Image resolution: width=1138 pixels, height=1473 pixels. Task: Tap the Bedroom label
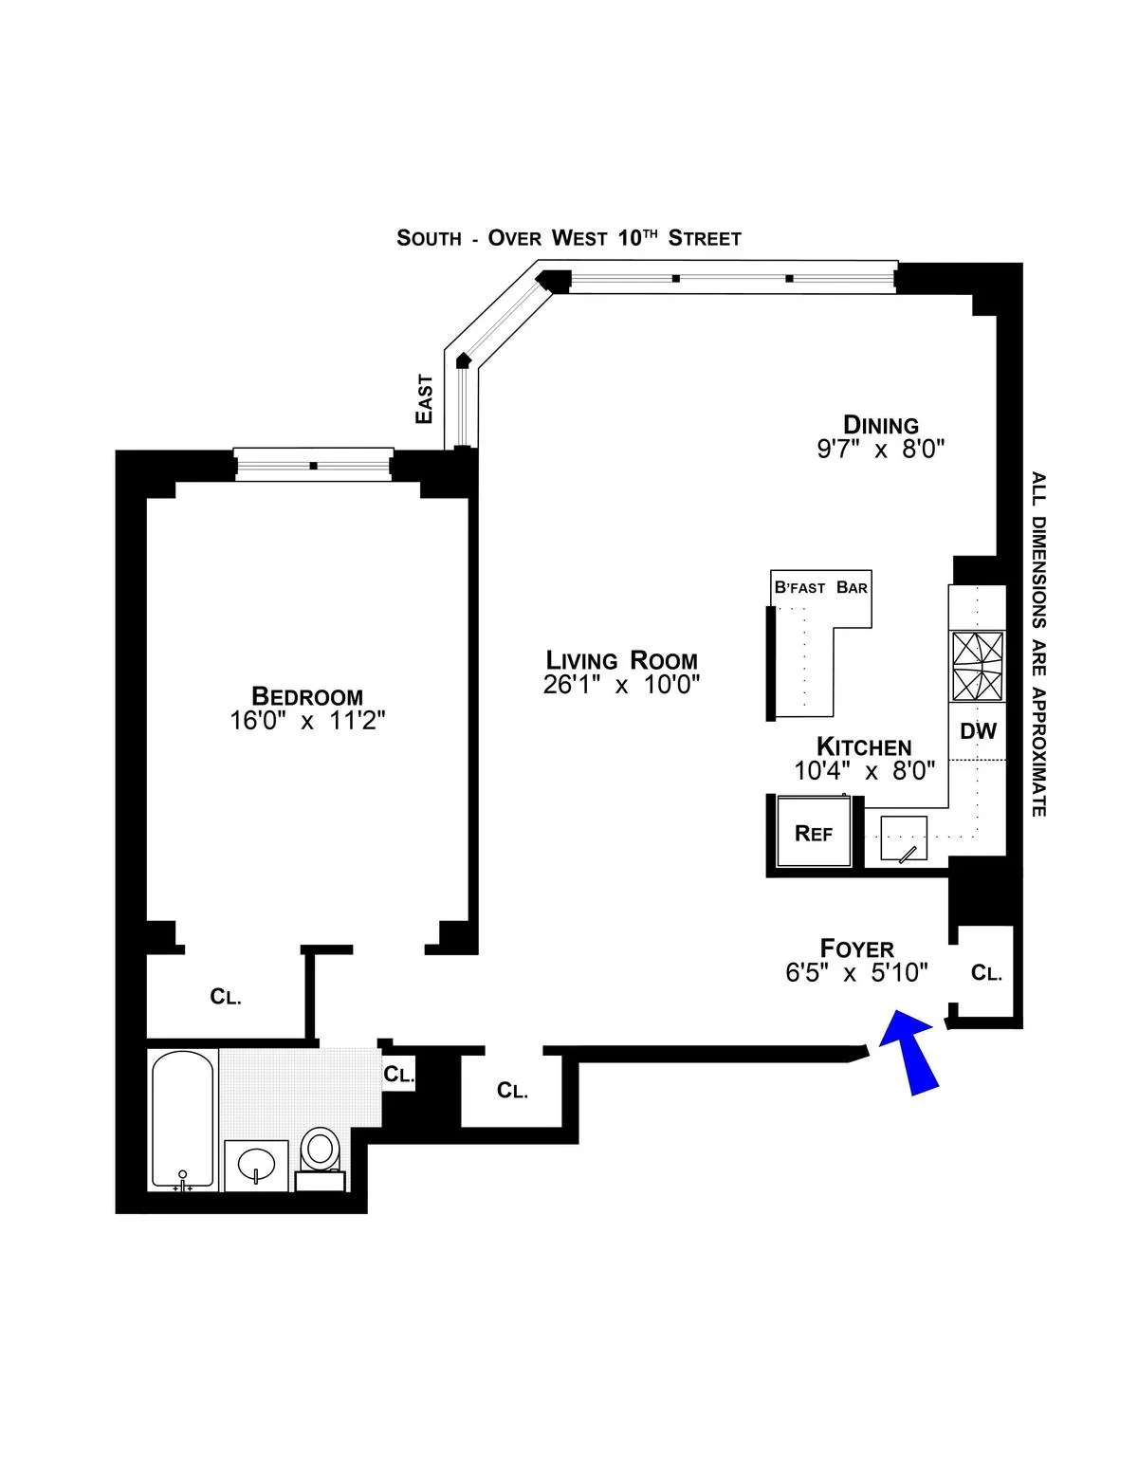tap(307, 695)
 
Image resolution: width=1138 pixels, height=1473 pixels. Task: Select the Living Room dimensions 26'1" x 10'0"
tap(621, 685)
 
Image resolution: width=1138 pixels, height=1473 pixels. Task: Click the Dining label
tap(881, 424)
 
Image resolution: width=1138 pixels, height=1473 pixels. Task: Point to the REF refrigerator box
tap(813, 833)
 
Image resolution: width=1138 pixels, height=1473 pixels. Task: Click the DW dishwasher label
tap(978, 730)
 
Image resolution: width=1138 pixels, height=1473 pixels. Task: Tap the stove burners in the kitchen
tap(978, 667)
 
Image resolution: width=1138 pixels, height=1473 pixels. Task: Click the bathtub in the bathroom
tap(183, 1119)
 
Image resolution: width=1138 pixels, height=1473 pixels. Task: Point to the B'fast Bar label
tap(821, 588)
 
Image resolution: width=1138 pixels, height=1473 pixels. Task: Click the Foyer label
tap(856, 948)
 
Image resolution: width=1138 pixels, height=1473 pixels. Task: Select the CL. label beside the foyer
tap(986, 973)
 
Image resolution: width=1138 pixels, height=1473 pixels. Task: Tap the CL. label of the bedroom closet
tap(226, 997)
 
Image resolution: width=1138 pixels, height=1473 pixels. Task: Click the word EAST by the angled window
tap(424, 398)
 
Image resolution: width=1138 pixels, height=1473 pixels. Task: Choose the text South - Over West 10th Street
tap(569, 237)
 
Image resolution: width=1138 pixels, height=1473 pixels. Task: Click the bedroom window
tap(313, 465)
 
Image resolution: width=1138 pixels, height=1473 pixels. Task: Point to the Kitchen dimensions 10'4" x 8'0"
tap(864, 771)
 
